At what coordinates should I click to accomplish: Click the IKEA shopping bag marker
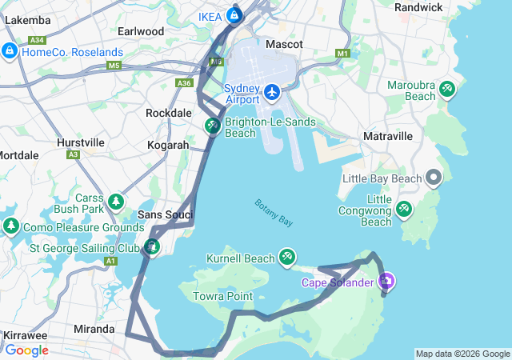click(234, 14)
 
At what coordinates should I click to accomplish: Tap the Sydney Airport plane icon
click(272, 92)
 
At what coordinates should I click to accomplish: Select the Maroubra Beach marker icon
click(447, 90)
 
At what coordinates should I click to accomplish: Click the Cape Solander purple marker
click(386, 281)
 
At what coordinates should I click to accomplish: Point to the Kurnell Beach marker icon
click(286, 258)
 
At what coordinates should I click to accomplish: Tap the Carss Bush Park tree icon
click(117, 200)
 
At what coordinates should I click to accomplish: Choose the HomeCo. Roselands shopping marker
click(10, 51)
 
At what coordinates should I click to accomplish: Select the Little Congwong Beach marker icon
click(404, 210)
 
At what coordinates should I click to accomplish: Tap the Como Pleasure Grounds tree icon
click(11, 226)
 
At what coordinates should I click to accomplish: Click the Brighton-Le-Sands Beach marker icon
click(213, 126)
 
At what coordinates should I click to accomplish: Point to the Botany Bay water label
click(274, 213)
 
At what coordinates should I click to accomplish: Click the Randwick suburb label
click(418, 7)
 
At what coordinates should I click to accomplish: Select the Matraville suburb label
click(387, 137)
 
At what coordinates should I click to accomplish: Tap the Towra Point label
click(222, 296)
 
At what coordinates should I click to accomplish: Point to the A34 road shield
click(36, 40)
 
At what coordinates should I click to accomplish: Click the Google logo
click(26, 350)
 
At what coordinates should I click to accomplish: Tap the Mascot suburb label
click(284, 44)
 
